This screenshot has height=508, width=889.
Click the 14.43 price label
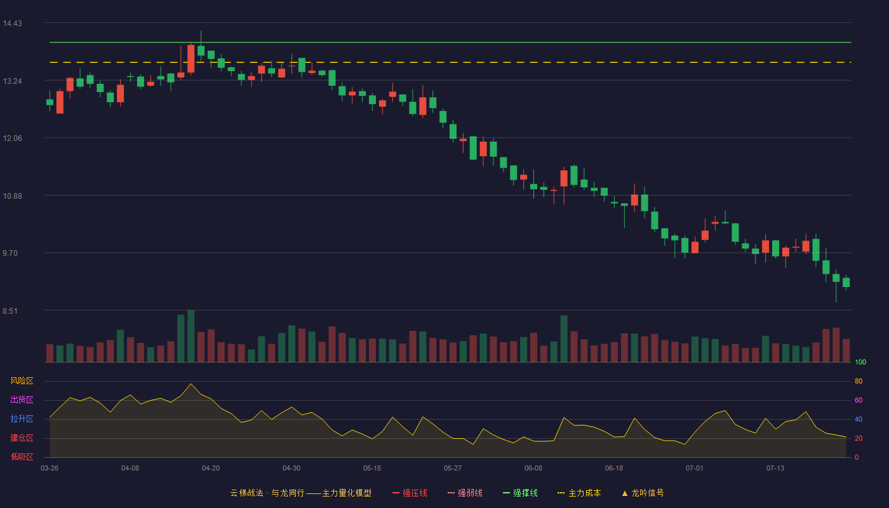pyautogui.click(x=12, y=23)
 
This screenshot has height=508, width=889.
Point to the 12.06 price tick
pyautogui.click(x=12, y=138)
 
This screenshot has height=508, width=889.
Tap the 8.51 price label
pyautogui.click(x=10, y=311)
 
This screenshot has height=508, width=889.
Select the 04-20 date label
pyautogui.click(x=211, y=469)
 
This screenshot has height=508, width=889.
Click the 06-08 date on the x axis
pyautogui.click(x=533, y=469)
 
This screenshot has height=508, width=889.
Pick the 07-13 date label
pyautogui.click(x=775, y=469)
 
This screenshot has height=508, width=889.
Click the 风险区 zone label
pyautogui.click(x=22, y=381)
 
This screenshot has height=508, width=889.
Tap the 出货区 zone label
pyautogui.click(x=22, y=399)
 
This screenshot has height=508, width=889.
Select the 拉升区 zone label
pyautogui.click(x=22, y=418)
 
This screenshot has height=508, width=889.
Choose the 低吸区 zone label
pyautogui.click(x=22, y=457)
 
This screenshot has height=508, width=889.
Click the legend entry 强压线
pyautogui.click(x=410, y=493)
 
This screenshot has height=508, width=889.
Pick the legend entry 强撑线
pyautogui.click(x=520, y=493)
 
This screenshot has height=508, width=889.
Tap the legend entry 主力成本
pyautogui.click(x=579, y=493)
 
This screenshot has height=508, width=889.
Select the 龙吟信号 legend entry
pyautogui.click(x=643, y=493)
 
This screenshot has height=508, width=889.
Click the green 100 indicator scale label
pyautogui.click(x=860, y=362)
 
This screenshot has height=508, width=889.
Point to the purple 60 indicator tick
pyautogui.click(x=859, y=400)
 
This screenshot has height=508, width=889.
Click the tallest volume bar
pyautogui.click(x=191, y=336)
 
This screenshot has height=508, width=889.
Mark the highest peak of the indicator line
pyautogui.click(x=191, y=384)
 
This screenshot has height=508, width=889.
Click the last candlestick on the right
pyautogui.click(x=846, y=282)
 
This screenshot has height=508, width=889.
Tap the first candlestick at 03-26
pyautogui.click(x=50, y=102)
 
